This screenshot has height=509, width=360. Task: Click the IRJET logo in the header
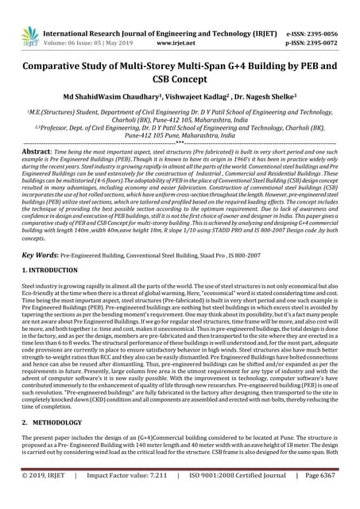coord(31,36)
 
